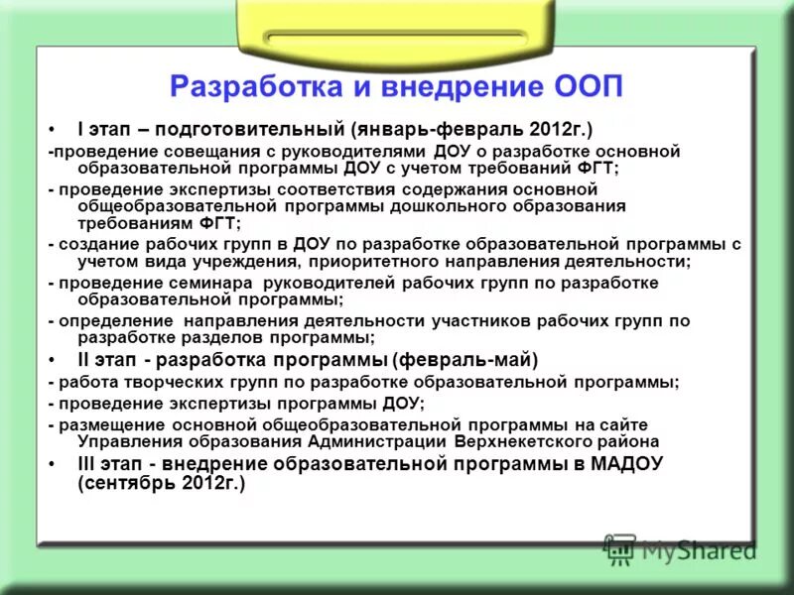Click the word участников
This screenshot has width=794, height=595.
tap(474, 321)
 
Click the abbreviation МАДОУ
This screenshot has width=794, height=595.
tap(625, 464)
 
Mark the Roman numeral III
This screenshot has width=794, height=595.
tap(87, 464)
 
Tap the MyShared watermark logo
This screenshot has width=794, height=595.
tap(680, 546)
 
